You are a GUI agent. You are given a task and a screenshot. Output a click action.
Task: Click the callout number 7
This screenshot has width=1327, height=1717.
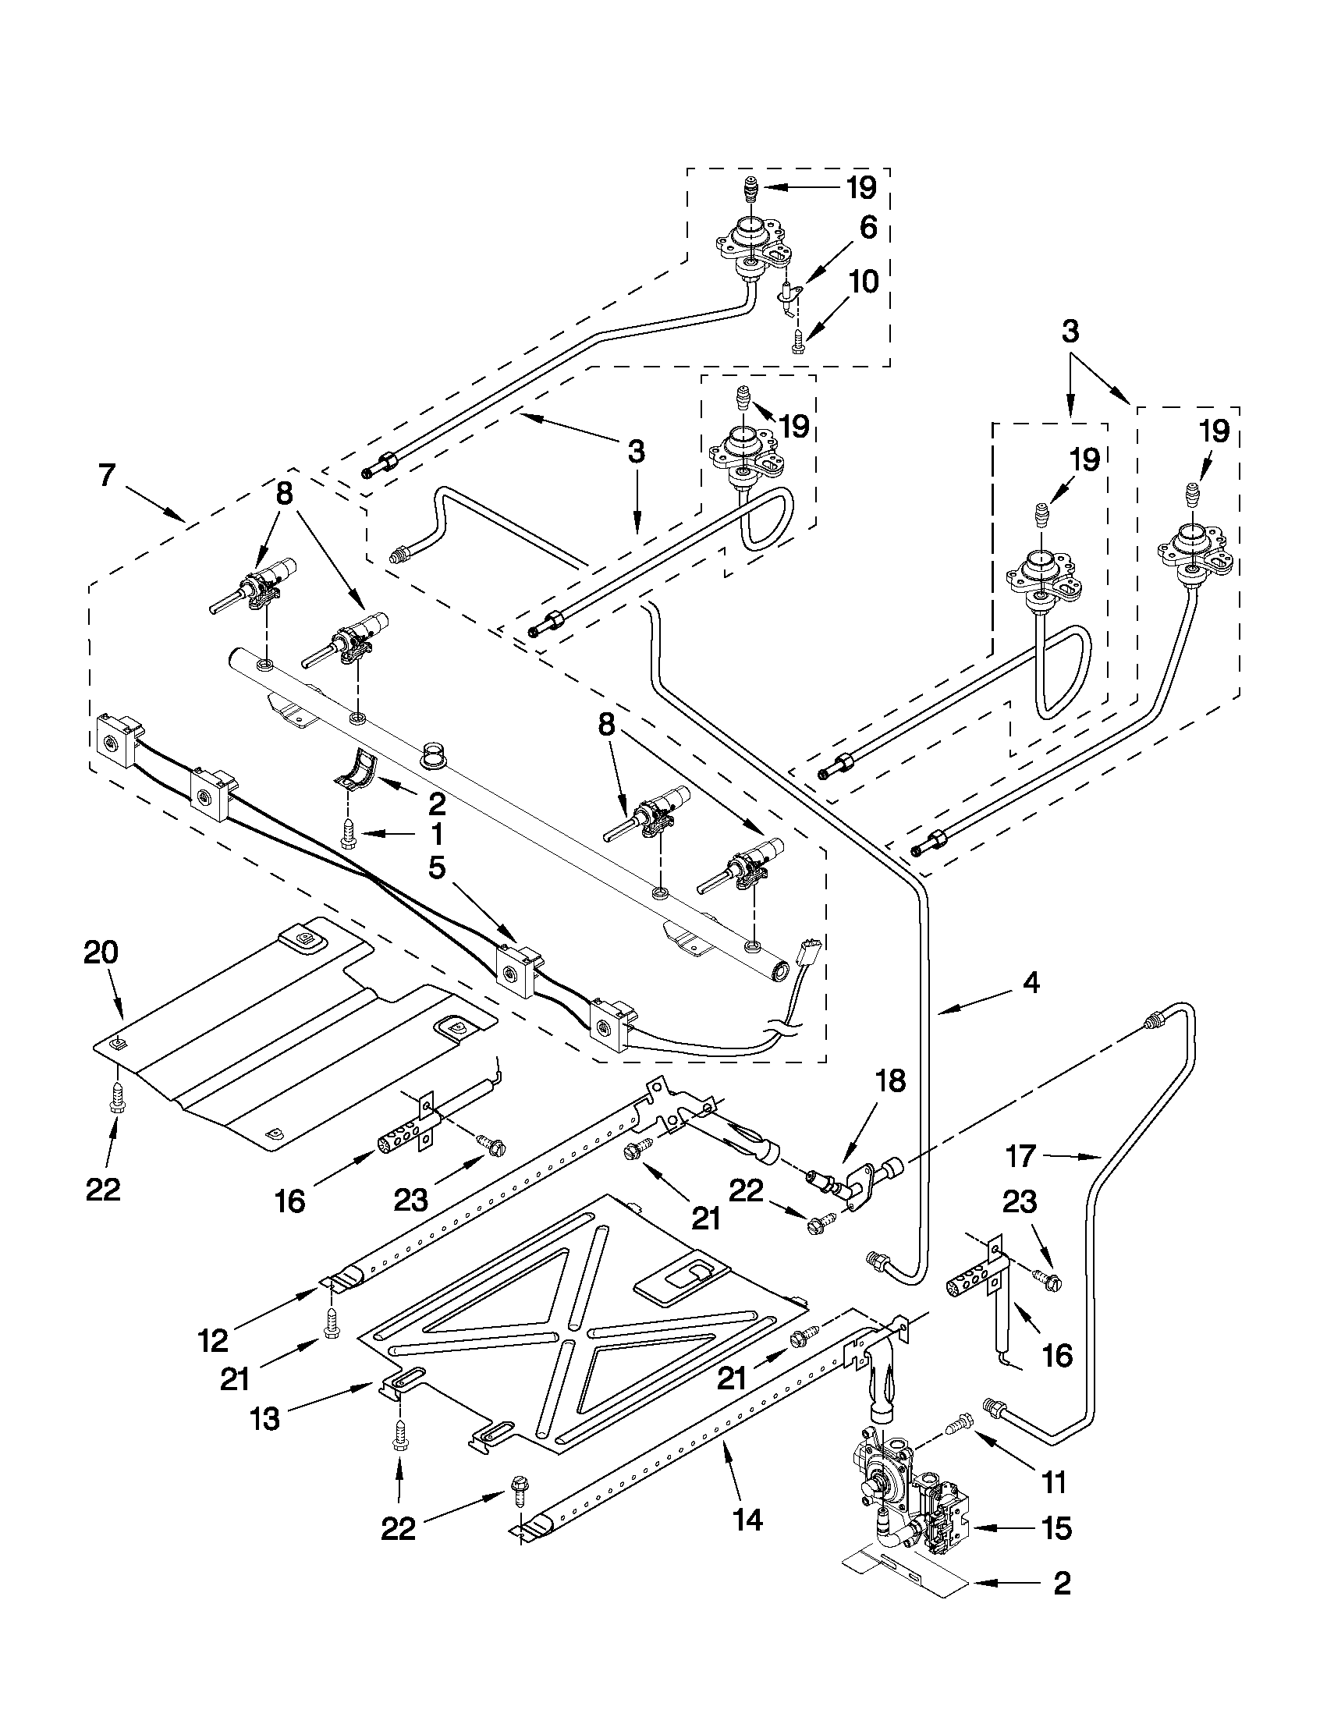coord(108,475)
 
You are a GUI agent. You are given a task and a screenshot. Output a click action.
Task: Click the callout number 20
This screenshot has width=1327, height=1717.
coord(101,953)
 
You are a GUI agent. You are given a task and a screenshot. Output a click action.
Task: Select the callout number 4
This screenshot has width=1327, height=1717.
coord(1031,982)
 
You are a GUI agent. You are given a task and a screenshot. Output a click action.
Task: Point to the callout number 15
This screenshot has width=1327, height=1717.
coord(1056,1528)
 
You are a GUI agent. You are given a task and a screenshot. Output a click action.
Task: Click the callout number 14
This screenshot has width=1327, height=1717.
coord(747,1520)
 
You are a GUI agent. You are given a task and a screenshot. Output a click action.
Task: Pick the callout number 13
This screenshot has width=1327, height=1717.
coord(266,1421)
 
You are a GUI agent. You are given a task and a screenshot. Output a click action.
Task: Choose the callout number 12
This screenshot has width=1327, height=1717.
coord(213,1340)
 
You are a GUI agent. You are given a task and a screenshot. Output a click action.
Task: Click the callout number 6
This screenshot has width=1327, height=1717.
coord(868,228)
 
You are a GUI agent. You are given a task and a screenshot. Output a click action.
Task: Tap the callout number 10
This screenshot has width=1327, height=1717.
coord(864,282)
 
